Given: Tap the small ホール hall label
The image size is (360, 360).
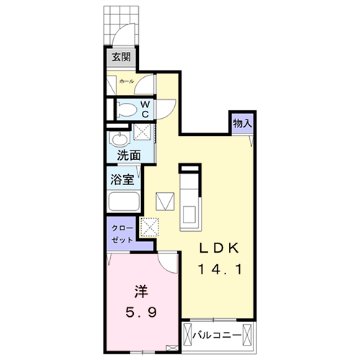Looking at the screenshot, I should click(x=127, y=82).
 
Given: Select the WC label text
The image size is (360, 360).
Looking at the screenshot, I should click(x=145, y=109).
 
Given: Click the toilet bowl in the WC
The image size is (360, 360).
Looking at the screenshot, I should click(x=125, y=109).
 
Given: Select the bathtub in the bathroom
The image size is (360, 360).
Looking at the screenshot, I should click(x=124, y=202).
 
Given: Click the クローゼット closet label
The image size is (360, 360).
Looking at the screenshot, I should click(x=122, y=233).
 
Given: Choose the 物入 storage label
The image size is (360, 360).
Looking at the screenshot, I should click(x=242, y=123).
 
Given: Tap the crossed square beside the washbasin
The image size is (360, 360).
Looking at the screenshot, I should click(x=143, y=132).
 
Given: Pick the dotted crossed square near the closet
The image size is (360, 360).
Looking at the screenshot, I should click(x=151, y=227).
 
